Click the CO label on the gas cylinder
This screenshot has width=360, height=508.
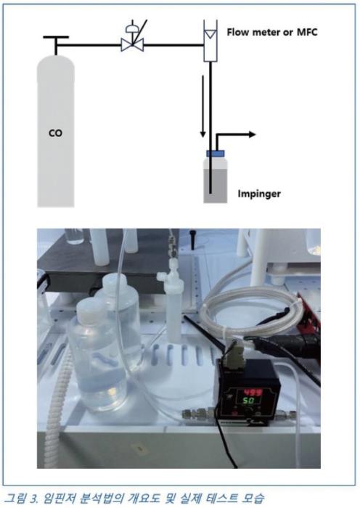point(55,133)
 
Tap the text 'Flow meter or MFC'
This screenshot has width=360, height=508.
point(272,32)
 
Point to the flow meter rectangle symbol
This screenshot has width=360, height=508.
point(210,41)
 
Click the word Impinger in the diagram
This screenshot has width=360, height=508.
point(259,194)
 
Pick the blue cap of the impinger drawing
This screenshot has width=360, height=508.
point(216,153)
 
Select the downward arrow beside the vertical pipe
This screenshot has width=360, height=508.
point(202,106)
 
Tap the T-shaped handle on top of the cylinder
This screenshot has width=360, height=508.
point(56,45)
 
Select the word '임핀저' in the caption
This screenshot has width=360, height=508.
point(58,498)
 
